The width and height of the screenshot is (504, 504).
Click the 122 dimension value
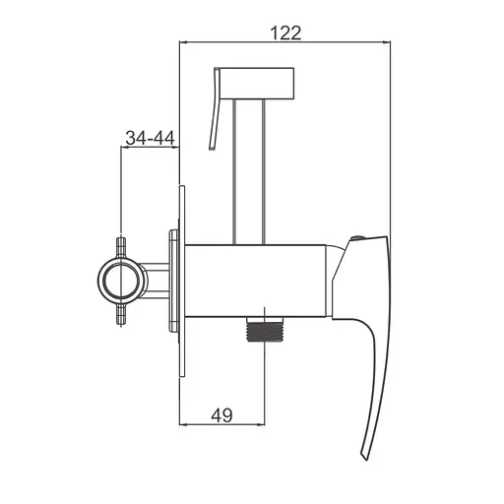(285, 33)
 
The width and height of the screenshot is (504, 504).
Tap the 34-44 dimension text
(150, 138)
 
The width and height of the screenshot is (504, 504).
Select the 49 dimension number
(221, 415)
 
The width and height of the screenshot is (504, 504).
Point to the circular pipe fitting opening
(122, 281)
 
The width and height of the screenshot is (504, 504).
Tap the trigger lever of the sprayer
(215, 109)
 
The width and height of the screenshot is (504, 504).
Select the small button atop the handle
(357, 239)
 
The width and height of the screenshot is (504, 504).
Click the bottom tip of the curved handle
(365, 459)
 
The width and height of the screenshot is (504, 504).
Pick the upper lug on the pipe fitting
(122, 247)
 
